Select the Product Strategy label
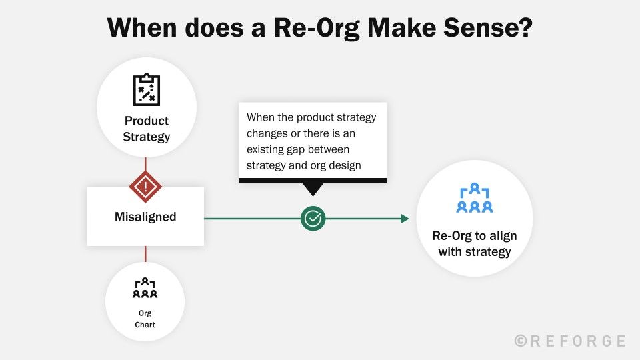tap(146, 129)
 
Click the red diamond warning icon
tap(145, 188)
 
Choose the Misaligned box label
tap(145, 217)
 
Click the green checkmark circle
tap(313, 218)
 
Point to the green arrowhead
tap(404, 218)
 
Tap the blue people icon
tap(474, 198)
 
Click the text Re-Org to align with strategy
tap(474, 244)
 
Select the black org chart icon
tap(145, 288)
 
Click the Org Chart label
tap(145, 318)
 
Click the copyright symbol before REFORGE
tap(521, 341)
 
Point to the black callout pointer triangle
tap(312, 189)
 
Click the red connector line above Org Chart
tap(145, 254)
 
